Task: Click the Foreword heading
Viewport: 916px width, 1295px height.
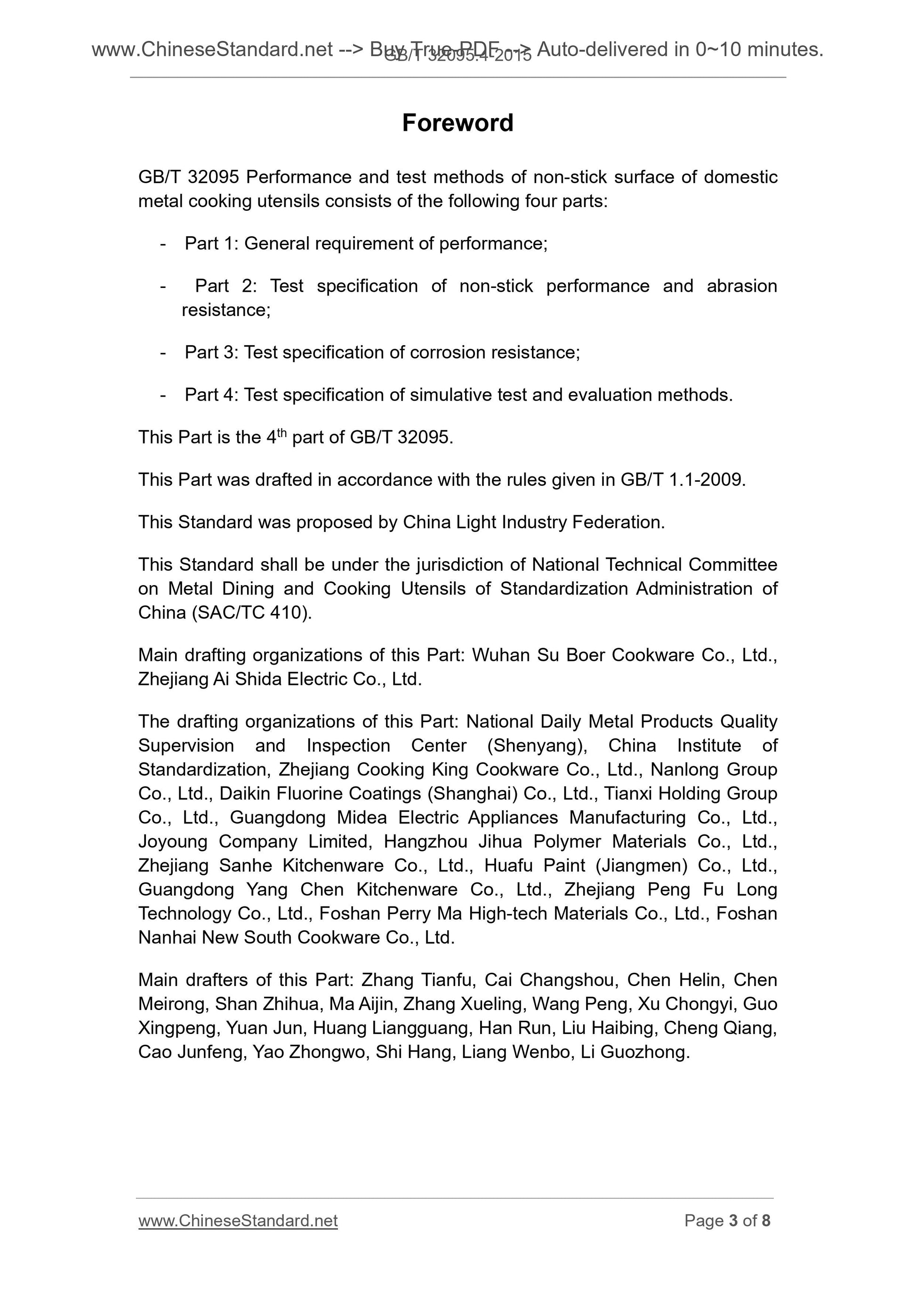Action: [x=457, y=123]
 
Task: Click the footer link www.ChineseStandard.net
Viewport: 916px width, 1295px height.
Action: [x=238, y=1220]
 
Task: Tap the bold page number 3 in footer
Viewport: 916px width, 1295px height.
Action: [x=733, y=1220]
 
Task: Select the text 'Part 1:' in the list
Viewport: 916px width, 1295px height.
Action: [x=212, y=244]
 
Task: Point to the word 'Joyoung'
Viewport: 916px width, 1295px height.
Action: [x=172, y=842]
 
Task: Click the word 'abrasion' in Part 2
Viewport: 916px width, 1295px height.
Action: [x=742, y=286]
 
